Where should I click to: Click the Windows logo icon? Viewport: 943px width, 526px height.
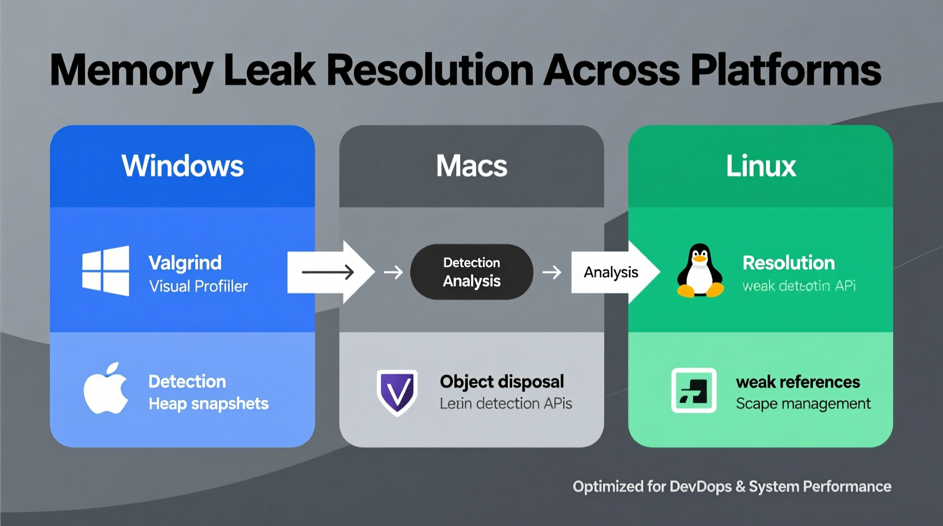(106, 271)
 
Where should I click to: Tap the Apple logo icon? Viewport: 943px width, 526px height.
(105, 389)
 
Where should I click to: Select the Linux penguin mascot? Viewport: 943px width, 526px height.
(700, 271)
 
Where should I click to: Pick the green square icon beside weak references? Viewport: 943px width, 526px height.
(694, 391)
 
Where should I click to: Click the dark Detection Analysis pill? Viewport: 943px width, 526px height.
(471, 272)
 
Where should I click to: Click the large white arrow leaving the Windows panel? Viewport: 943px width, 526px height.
(329, 273)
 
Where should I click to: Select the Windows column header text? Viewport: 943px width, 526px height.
(182, 166)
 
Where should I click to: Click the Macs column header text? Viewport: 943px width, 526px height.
(471, 166)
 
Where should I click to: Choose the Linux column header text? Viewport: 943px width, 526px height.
(761, 166)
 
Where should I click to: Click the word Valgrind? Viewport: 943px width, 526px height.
(185, 263)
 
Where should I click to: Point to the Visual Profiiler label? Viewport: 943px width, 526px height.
(198, 286)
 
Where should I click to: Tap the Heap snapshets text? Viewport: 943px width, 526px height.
(209, 404)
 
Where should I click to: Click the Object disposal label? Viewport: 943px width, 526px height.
(502, 381)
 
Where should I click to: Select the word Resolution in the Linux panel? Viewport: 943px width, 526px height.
(788, 263)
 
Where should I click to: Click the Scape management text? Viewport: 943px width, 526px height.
(803, 404)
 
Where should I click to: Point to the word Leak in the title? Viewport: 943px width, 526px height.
(270, 70)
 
